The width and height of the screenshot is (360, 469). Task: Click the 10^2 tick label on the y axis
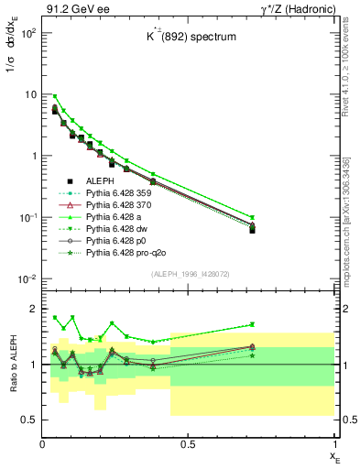pyautogui.click(x=27, y=33)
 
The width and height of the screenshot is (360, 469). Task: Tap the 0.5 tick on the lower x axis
pyautogui.click(x=188, y=444)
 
